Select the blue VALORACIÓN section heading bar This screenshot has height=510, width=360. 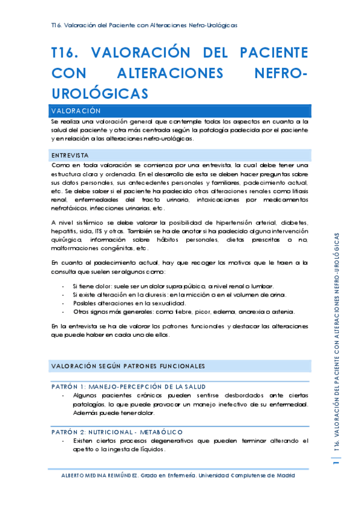[180, 111]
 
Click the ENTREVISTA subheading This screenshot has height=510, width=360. [70, 155]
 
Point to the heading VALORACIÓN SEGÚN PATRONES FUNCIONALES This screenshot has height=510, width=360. [128, 365]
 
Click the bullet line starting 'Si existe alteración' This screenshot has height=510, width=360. [179, 295]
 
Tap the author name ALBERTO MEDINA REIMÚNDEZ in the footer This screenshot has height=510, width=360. [99, 475]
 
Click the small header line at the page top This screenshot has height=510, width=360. [144, 25]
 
